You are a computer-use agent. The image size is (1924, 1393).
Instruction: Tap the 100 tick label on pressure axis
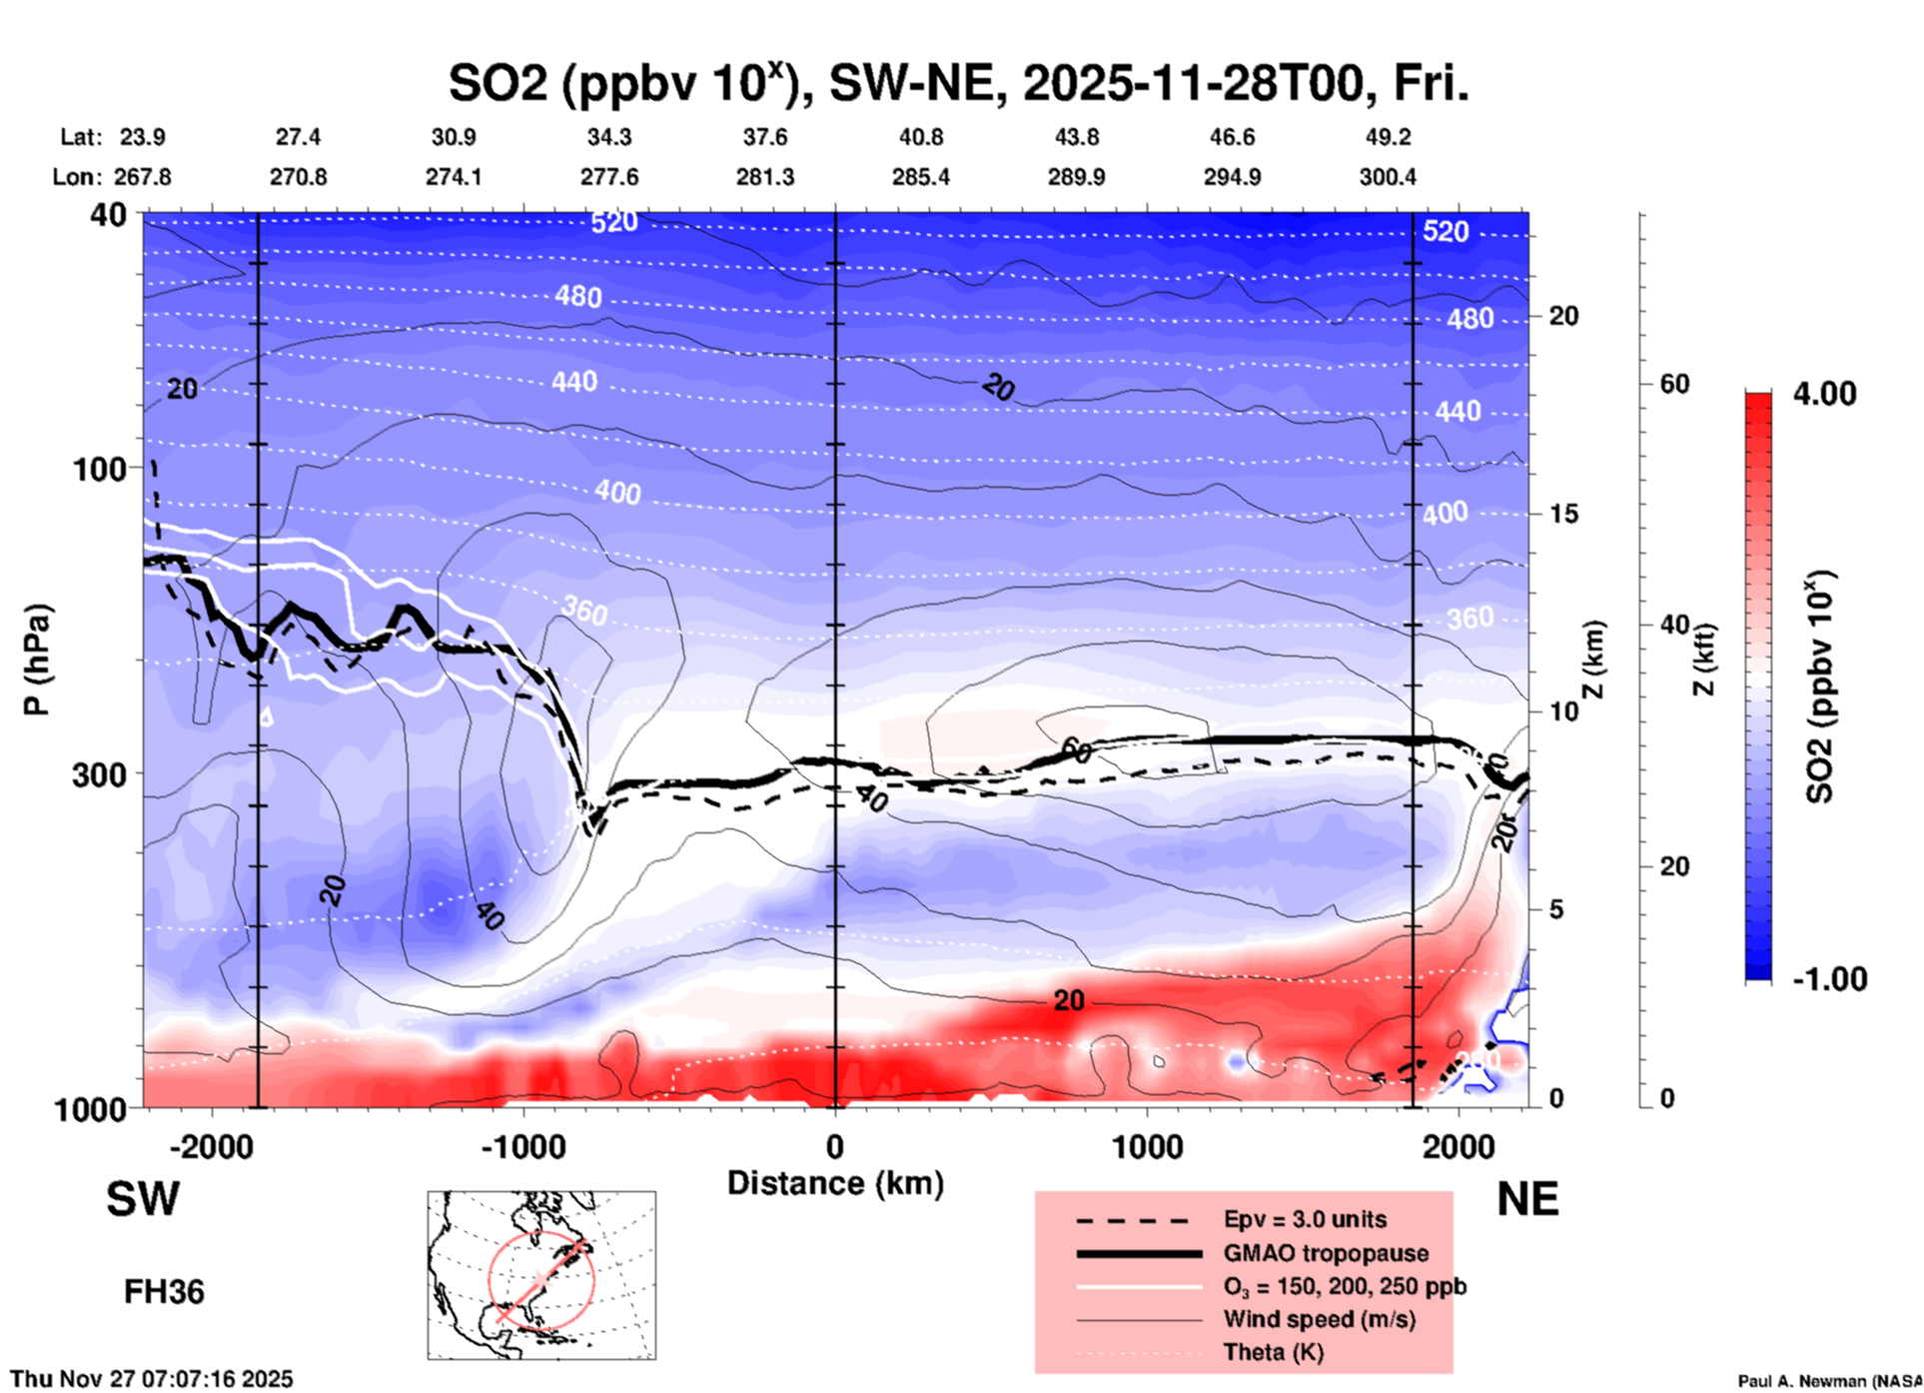point(100,468)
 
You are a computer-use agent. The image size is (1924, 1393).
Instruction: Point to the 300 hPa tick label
point(100,774)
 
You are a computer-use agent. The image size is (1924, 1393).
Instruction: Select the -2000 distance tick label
point(212,1147)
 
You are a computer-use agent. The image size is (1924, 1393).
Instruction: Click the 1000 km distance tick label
point(1147,1147)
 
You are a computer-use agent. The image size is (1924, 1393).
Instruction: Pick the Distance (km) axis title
point(835,1183)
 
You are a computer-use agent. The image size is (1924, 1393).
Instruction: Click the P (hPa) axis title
point(37,660)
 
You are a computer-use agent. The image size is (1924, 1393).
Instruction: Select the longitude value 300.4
point(1387,177)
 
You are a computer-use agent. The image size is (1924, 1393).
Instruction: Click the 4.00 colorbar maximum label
point(1824,394)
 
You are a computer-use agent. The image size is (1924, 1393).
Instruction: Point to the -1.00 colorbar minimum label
point(1828,979)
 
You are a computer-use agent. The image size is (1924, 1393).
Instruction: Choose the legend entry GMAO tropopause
point(1326,1253)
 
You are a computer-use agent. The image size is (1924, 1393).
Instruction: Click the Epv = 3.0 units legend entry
point(1305,1220)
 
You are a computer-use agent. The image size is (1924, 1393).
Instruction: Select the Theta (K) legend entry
point(1273,1352)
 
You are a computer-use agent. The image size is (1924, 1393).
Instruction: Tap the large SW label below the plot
point(143,1199)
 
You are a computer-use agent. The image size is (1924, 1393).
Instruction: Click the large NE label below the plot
point(1526,1199)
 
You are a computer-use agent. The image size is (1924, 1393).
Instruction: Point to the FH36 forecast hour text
point(164,1292)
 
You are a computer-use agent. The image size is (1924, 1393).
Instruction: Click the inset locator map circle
point(541,1280)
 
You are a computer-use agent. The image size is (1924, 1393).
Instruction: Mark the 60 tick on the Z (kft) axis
point(1674,385)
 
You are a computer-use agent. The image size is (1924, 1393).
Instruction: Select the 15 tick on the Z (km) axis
point(1563,514)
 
